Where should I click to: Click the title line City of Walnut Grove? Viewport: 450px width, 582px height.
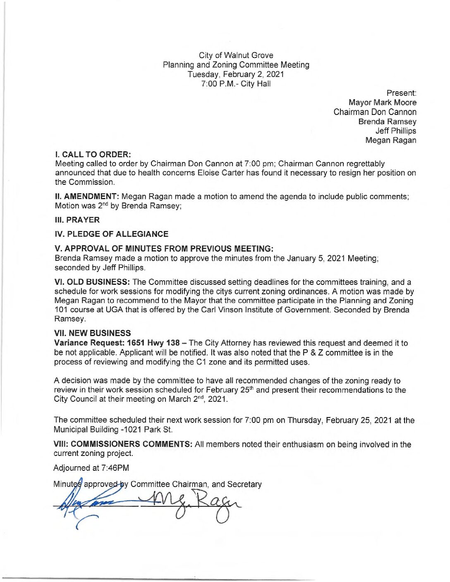(x=236, y=55)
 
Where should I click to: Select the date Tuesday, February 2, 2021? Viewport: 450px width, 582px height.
(x=236, y=74)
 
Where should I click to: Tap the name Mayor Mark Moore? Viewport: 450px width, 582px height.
(x=382, y=103)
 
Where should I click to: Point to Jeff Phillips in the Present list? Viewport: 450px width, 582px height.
(x=395, y=131)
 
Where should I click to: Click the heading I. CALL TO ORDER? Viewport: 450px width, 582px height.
(x=93, y=155)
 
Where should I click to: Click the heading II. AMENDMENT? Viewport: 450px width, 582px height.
(x=87, y=196)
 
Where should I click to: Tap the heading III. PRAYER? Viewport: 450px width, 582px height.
(x=77, y=220)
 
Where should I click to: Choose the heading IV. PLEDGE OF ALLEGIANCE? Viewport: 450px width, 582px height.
(x=111, y=234)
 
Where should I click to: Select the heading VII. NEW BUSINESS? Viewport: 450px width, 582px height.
(x=92, y=333)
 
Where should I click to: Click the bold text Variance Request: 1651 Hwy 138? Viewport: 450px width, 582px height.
(x=117, y=343)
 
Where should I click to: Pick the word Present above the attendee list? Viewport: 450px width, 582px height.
(x=401, y=93)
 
